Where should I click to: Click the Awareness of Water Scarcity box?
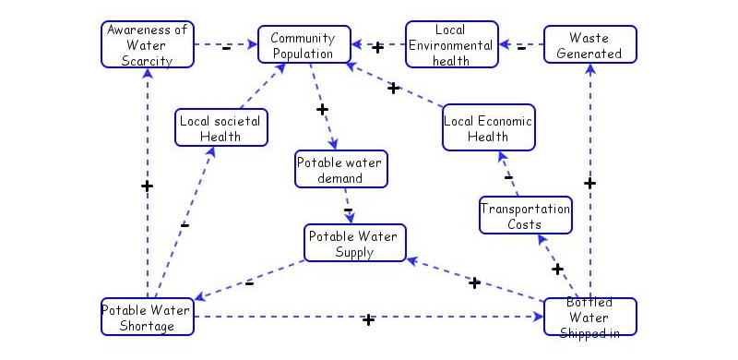148,44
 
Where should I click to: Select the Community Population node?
304,44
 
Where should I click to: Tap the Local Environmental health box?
452,44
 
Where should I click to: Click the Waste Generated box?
590,44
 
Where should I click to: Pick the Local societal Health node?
221,128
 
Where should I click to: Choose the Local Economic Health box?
488,128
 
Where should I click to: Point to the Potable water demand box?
341,170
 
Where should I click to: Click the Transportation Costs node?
526,215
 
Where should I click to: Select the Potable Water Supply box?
354,243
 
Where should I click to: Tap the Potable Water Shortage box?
148,317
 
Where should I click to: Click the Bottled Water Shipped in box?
590,317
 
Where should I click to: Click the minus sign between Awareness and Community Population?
227,47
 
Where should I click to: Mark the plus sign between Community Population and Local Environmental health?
377,47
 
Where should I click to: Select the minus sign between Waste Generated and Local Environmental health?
521,47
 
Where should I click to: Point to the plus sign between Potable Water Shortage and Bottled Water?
368,319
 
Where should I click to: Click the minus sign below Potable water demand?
348,210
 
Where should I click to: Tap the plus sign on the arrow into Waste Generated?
590,183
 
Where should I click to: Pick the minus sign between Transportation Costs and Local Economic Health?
508,175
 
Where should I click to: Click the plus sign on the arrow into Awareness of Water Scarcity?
147,186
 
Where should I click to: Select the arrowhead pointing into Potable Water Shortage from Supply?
199,296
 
